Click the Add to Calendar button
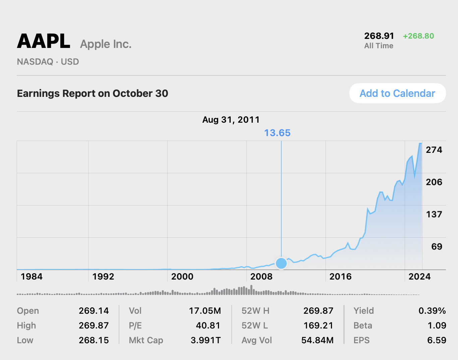(397, 93)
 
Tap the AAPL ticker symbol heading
(44, 42)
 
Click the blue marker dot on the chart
(281, 263)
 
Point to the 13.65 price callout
(277, 133)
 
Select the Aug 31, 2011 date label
(231, 120)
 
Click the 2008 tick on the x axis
(262, 277)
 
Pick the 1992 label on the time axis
(103, 277)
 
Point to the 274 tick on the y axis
(434, 150)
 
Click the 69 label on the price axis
(437, 247)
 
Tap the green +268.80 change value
(418, 36)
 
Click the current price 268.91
(379, 36)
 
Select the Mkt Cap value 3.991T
(206, 340)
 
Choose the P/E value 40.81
(208, 325)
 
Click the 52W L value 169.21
(318, 325)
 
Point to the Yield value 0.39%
(432, 311)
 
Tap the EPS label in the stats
(361, 340)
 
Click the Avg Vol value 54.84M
(317, 340)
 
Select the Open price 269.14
(94, 311)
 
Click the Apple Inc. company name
(106, 44)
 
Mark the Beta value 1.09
(437, 325)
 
